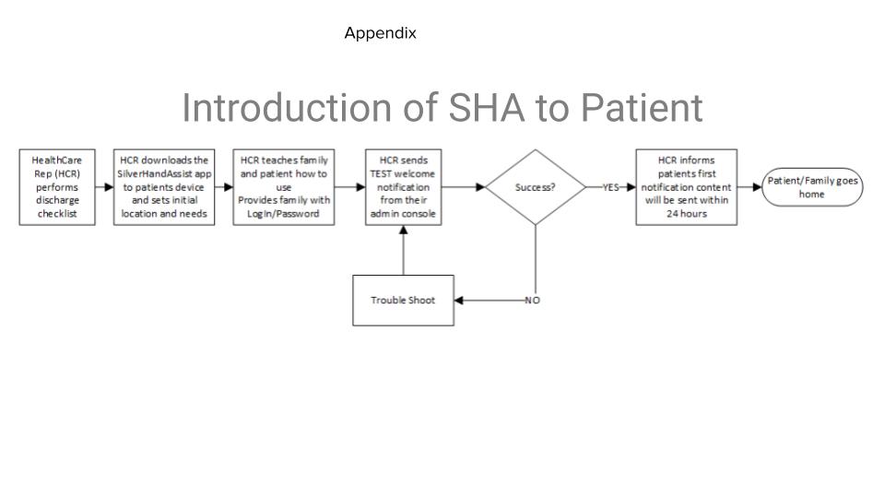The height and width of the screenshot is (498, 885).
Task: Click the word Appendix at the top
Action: pos(381,33)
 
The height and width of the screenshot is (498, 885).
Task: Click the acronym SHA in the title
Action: pos(487,107)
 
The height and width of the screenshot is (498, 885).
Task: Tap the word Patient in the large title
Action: pos(642,107)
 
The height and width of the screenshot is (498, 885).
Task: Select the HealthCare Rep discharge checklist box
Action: pos(57,187)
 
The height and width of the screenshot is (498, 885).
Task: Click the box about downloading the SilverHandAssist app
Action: pos(164,187)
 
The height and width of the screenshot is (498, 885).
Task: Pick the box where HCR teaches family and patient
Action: pos(284,187)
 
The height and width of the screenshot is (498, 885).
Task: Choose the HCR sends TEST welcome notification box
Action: pos(404,187)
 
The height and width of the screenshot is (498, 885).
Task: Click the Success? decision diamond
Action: pos(536,187)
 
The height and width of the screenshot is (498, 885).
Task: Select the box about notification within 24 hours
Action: pos(686,187)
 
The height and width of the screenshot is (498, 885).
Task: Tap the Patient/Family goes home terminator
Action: pos(812,187)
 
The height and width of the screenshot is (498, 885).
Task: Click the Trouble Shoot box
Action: pos(404,301)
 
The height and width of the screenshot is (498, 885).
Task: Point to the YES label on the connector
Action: pos(610,187)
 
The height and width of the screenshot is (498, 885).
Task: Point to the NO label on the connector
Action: pos(532,301)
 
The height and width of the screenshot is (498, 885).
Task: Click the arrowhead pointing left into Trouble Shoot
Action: pos(459,301)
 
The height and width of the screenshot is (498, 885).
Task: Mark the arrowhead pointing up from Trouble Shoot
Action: pos(404,230)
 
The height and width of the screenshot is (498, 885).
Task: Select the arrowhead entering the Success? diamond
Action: pos(481,187)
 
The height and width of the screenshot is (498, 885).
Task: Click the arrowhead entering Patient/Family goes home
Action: pos(758,187)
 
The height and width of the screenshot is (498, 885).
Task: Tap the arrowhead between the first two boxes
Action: pos(109,187)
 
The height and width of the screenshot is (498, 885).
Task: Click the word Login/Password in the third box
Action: pos(283,214)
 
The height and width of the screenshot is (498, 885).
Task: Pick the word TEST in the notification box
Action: pos(382,174)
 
